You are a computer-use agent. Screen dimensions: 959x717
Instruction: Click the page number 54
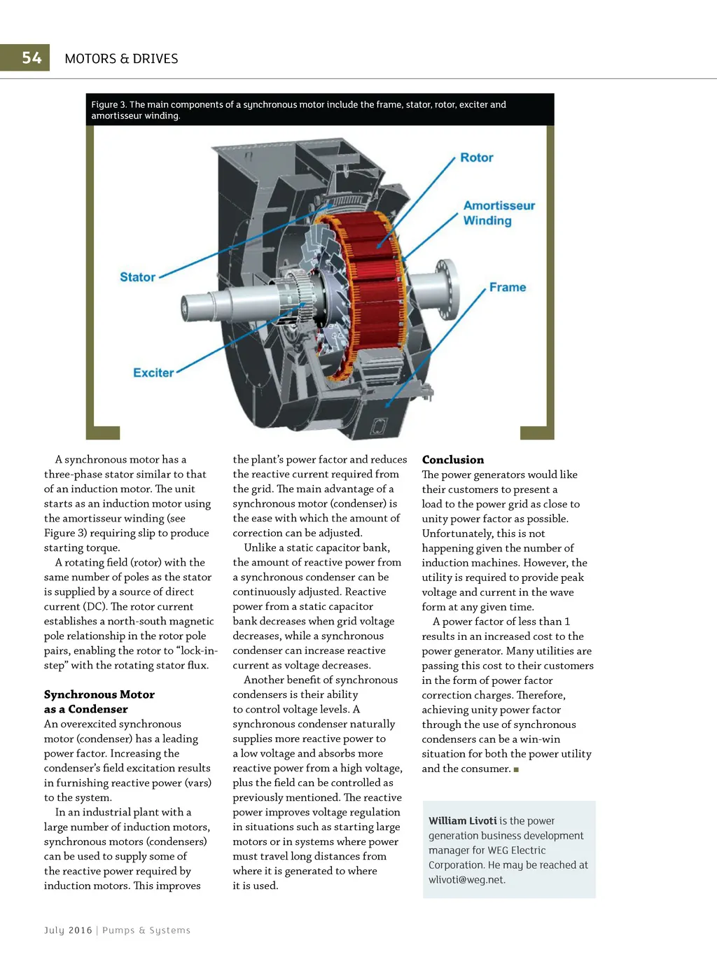(x=32, y=58)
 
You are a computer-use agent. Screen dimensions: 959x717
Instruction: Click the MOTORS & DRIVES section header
(x=121, y=59)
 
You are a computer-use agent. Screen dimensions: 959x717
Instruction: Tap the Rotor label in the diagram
(x=477, y=158)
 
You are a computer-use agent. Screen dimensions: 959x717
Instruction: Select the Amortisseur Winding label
(x=499, y=213)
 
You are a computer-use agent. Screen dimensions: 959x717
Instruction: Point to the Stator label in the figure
(x=137, y=277)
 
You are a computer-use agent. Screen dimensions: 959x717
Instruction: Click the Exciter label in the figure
(x=153, y=373)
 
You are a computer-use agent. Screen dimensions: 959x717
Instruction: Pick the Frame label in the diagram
(x=508, y=288)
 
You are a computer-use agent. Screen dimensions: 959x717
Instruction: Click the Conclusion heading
(x=453, y=460)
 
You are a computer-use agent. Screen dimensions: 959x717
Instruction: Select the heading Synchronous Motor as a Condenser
(x=99, y=701)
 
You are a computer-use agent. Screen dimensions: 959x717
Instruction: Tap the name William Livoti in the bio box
(x=462, y=821)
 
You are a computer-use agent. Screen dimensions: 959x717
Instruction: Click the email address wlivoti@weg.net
(x=466, y=880)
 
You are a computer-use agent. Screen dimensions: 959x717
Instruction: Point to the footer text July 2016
(x=68, y=930)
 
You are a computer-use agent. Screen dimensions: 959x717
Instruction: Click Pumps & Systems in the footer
(x=146, y=930)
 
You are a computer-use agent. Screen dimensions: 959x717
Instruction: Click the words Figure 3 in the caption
(x=109, y=105)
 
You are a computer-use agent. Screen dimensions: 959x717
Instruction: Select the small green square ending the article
(x=516, y=769)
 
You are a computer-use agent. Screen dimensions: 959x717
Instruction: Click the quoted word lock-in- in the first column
(x=197, y=651)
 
